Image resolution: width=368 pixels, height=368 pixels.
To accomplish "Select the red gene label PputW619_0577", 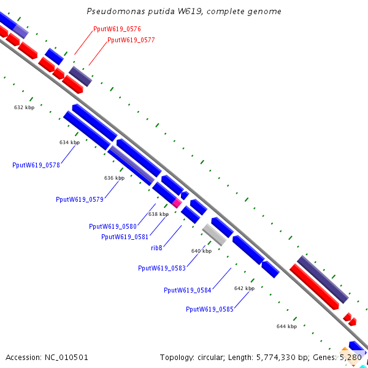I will tap(131, 40).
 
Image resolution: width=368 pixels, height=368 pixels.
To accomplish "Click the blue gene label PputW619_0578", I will tap(36, 164).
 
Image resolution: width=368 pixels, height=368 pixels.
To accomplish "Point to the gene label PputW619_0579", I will tap(80, 199).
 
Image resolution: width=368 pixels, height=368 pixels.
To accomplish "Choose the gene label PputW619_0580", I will tap(113, 226).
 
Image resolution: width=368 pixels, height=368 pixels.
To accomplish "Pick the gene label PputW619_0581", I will tap(125, 237).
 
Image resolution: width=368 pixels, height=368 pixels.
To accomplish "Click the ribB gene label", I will tap(156, 248).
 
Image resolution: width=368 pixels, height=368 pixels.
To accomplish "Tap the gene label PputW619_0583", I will tap(162, 268).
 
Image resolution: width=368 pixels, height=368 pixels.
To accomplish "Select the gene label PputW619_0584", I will tap(188, 290).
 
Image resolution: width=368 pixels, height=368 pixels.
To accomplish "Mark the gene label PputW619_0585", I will tap(210, 309).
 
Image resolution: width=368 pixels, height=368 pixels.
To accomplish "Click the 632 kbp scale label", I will tap(24, 107).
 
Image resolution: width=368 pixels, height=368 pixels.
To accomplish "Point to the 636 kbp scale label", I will tap(114, 178).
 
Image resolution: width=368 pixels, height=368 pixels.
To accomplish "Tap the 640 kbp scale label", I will tap(201, 251).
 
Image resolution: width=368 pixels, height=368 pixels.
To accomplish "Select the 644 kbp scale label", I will tap(286, 326).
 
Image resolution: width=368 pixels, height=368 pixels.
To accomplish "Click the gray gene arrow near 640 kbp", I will tap(215, 234).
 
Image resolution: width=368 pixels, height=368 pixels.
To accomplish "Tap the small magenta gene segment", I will tap(177, 201).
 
